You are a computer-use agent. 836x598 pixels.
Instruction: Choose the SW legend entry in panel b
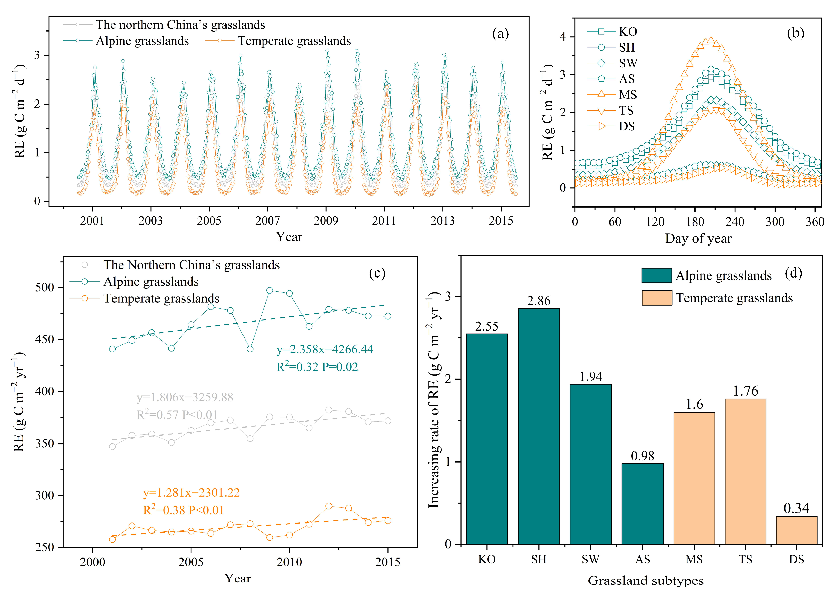628,63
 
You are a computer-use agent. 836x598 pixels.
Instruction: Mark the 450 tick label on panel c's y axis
45,340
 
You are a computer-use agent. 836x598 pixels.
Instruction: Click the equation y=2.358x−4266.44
325,349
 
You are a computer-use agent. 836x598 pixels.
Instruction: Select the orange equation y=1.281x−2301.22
191,492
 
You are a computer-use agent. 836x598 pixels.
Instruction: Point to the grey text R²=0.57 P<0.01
177,415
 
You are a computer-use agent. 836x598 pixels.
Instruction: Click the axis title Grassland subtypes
646,581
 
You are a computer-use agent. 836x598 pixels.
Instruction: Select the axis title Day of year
698,239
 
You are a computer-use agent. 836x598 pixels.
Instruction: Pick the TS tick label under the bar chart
745,560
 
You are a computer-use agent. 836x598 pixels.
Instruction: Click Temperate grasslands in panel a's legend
294,41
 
